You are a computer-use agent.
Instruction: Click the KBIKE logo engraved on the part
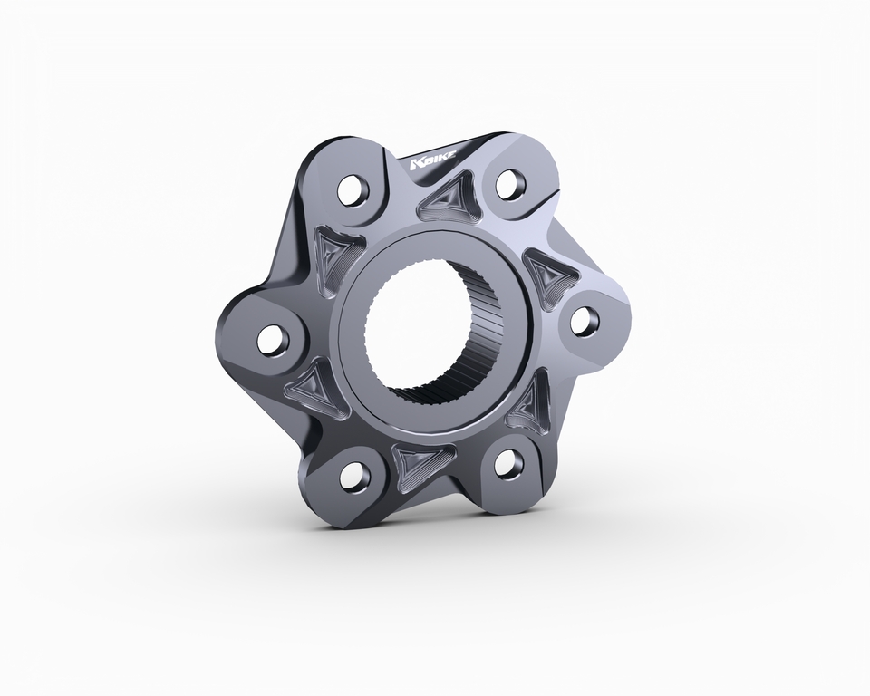[x=433, y=161]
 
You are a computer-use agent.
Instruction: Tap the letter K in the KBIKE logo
[x=416, y=164]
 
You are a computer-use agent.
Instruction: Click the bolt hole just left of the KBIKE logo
[x=354, y=189]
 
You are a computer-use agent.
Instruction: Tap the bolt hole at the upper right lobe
[x=510, y=182]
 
